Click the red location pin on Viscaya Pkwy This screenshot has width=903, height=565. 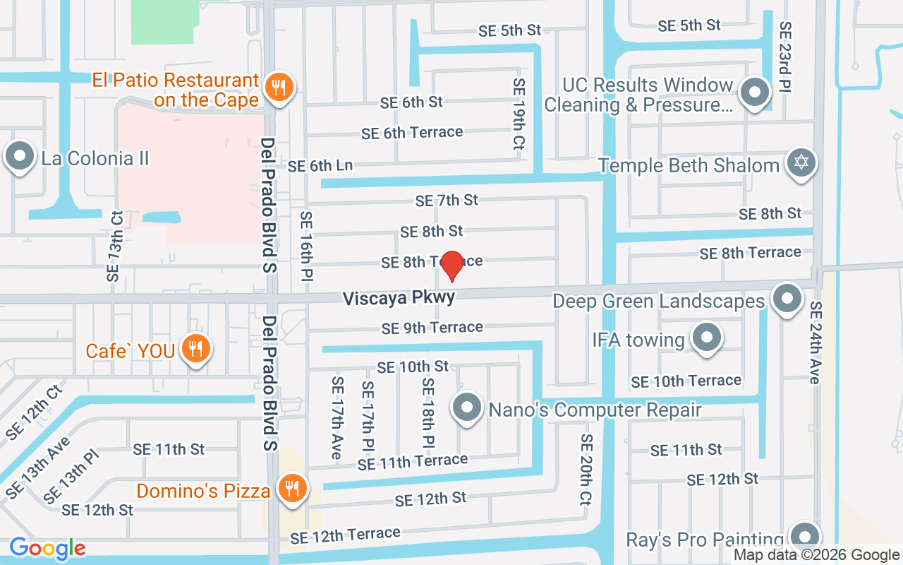click(451, 266)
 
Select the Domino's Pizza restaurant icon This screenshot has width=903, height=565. click(290, 488)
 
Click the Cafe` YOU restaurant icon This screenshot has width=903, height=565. click(195, 348)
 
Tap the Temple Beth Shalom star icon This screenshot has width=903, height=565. click(801, 163)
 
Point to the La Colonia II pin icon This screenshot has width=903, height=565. click(20, 156)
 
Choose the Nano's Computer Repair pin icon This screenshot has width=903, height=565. click(466, 408)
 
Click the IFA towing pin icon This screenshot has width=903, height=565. click(706, 338)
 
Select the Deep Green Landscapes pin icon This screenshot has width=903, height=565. click(787, 299)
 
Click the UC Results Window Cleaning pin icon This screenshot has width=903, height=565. click(754, 93)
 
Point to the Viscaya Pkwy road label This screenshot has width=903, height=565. click(399, 298)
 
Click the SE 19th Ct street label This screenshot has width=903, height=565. click(519, 114)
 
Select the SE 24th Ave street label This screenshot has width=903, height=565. click(816, 343)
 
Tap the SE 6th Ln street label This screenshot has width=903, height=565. click(320, 166)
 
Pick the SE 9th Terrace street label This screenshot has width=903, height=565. click(432, 328)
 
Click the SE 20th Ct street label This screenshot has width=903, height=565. click(586, 469)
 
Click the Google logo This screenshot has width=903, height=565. click(47, 548)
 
